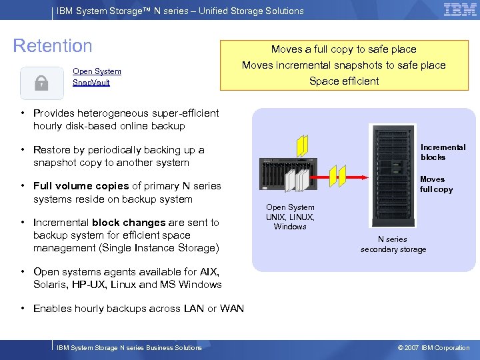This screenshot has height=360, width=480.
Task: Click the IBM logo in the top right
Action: click(459, 10)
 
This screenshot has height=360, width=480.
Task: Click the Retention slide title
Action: click(53, 46)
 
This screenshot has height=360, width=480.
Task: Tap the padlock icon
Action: click(41, 83)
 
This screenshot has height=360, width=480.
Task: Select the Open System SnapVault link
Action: click(97, 77)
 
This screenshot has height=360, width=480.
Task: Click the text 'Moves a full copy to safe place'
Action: click(343, 49)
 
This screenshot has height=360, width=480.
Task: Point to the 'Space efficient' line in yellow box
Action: click(343, 81)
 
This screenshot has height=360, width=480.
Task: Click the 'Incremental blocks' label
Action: click(443, 152)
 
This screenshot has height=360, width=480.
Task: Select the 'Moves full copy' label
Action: click(435, 184)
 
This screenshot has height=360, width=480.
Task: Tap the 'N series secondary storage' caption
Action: click(393, 244)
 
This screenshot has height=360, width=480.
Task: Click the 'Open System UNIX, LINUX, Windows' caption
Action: click(290, 217)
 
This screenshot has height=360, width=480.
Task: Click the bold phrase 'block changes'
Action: click(129, 223)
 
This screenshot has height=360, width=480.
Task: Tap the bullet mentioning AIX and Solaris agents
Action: click(127, 278)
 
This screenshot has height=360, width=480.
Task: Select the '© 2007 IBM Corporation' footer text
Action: click(433, 347)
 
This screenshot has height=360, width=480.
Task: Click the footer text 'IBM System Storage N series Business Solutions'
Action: click(129, 347)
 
